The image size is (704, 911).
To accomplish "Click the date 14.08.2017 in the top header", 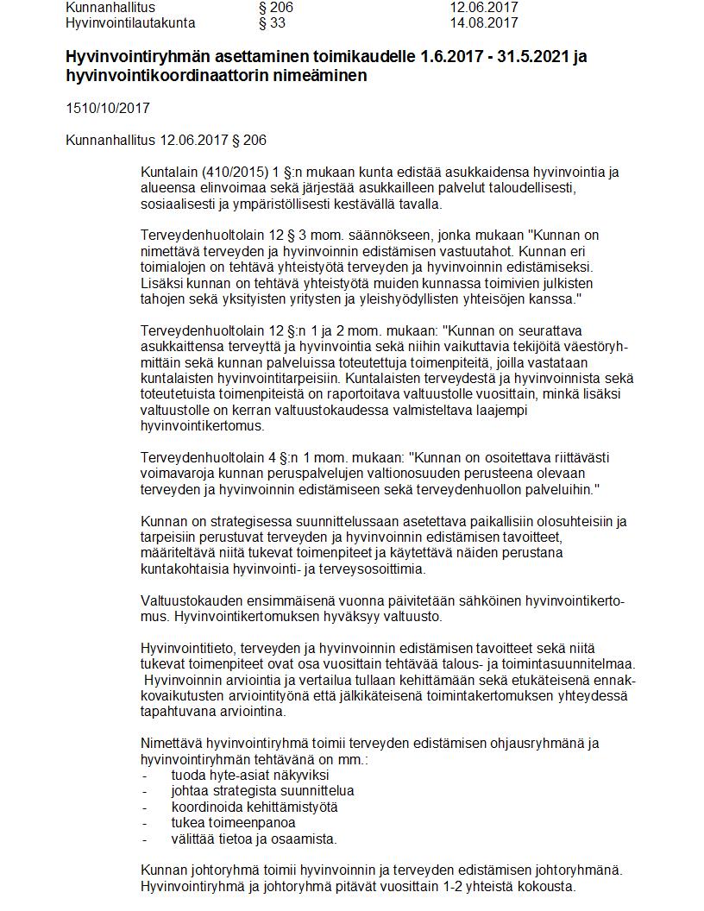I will point(483,22).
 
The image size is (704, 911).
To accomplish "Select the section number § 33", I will point(272,22).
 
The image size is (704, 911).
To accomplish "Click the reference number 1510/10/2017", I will point(108,109).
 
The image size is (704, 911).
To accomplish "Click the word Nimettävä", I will point(172,743).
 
